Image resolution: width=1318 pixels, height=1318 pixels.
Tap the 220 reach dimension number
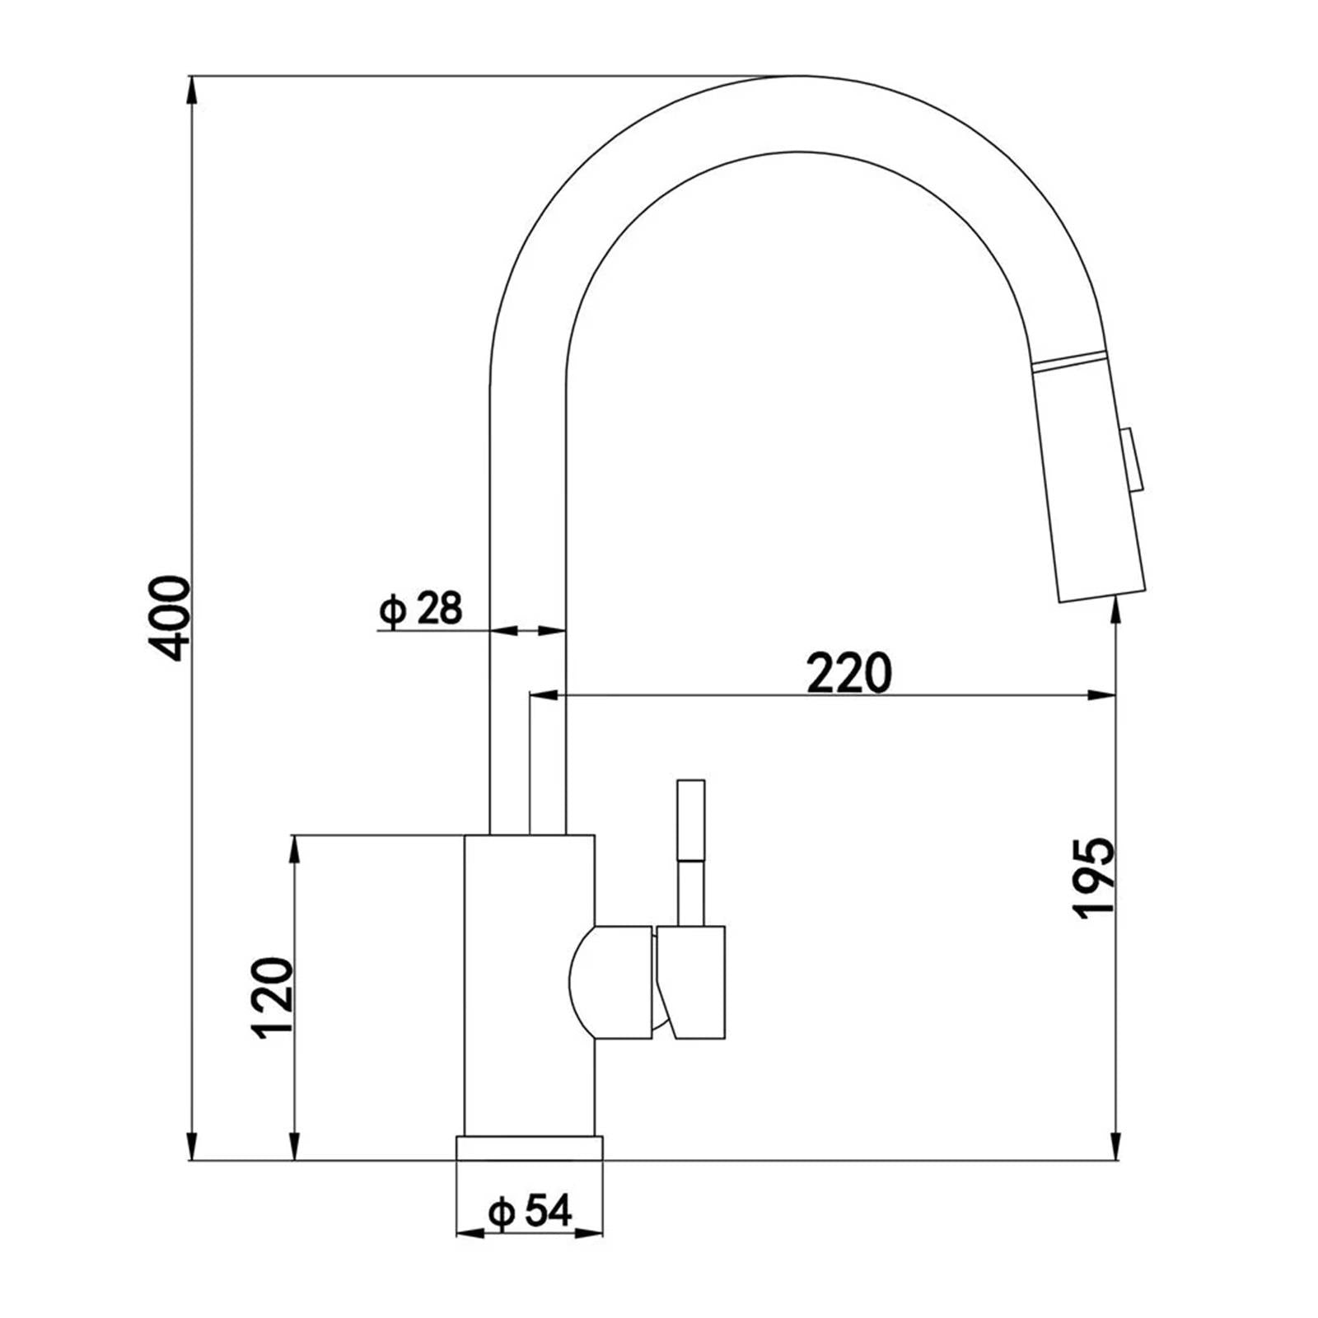coord(849,673)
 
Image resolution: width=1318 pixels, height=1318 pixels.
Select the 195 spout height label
coord(1096,878)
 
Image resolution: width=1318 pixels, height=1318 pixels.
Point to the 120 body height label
coord(274,998)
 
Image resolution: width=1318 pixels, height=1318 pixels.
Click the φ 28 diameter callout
coord(421,609)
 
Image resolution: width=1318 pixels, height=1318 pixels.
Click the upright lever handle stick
coord(690,848)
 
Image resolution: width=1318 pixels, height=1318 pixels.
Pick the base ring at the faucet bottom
coord(529,1147)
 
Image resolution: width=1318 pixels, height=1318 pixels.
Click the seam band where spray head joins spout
coord(1068,360)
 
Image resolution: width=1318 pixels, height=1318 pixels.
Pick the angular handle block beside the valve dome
coord(694,980)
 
